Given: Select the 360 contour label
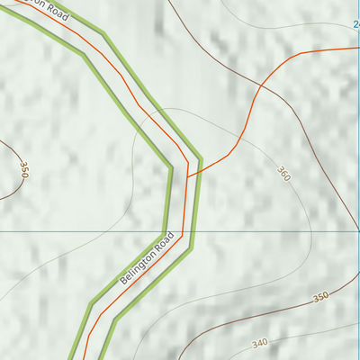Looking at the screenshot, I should tap(283, 174).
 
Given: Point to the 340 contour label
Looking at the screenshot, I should tap(260, 343).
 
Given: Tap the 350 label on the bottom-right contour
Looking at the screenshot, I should tap(320, 297).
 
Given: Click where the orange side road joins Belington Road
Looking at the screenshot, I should tap(188, 175).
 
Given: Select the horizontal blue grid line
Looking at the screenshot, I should tap(270, 230).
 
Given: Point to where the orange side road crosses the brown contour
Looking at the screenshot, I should tap(259, 86).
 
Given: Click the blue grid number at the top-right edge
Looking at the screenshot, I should tap(356, 24).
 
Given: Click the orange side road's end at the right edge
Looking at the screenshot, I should tap(357, 48).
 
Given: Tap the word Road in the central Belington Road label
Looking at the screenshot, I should tap(162, 242).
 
